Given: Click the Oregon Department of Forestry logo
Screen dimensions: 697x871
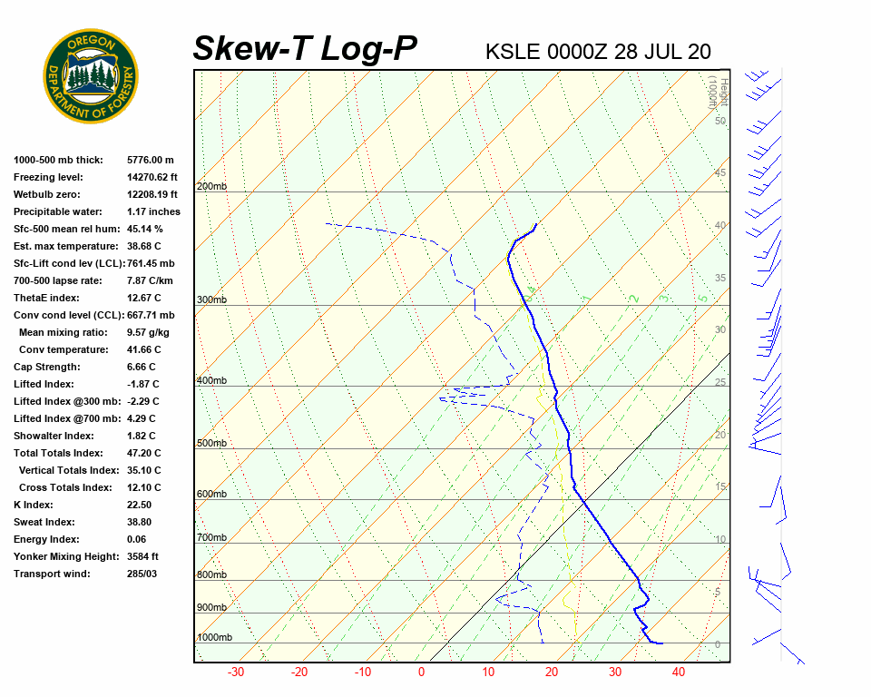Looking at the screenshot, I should coord(91,76).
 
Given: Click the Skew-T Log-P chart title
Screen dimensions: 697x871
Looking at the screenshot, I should coord(305,49).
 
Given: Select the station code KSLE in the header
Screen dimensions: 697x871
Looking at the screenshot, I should coord(513,52).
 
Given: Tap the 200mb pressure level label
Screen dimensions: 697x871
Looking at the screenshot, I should coord(211,187).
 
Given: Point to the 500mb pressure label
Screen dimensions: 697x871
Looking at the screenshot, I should coord(211,444).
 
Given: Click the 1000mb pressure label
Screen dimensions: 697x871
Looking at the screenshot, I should coord(214,638).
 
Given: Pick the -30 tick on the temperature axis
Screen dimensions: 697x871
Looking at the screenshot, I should coord(236,672).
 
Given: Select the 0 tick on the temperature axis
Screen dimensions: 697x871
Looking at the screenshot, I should coord(421,672).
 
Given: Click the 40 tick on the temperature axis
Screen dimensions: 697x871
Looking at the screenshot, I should coord(679,672).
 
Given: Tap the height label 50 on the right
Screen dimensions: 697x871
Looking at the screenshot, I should coord(719,121).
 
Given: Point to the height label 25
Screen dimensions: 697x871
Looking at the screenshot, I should coord(720,383).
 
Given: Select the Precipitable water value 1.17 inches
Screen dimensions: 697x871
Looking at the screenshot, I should coord(153,211).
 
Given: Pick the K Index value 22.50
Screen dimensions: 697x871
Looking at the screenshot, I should coord(140,505).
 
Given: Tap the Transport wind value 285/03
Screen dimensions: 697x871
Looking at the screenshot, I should coord(142,574).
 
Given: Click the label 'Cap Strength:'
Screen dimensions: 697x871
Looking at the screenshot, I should coord(46,367).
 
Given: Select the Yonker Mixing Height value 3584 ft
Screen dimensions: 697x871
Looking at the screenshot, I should coord(143,556).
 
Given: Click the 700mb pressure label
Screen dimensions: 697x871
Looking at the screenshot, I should coord(211,538).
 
